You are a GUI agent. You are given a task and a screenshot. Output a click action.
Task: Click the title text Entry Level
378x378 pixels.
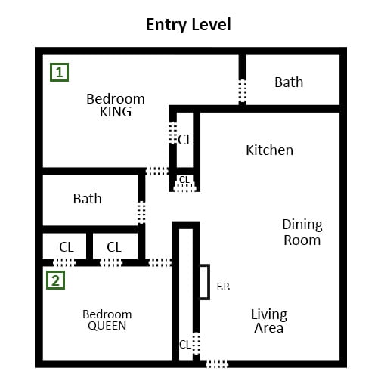(x=188, y=24)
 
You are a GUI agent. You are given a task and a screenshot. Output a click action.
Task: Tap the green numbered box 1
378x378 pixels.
(x=59, y=72)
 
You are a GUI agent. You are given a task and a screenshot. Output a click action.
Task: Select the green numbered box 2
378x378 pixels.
(x=56, y=280)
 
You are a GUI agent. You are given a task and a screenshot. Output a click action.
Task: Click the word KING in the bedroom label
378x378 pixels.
(x=116, y=112)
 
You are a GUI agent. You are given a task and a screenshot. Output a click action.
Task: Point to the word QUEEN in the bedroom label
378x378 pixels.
(x=107, y=326)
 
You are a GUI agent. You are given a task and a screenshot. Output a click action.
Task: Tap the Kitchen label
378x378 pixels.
(x=269, y=150)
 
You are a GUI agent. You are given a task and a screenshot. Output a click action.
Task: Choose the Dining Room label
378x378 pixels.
(x=302, y=232)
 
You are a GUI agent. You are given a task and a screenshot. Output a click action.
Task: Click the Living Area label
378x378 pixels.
(x=269, y=321)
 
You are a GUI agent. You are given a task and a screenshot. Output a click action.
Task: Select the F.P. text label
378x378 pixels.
(x=223, y=287)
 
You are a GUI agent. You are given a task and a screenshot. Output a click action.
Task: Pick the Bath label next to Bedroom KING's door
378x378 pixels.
(x=289, y=82)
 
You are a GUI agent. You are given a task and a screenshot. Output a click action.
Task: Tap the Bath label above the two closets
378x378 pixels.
(x=88, y=199)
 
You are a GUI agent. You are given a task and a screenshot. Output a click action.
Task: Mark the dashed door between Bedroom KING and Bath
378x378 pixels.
(x=243, y=91)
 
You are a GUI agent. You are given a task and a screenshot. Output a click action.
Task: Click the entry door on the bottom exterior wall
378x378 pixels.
(x=217, y=364)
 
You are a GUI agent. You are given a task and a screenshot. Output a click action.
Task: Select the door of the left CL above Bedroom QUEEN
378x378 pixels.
(x=64, y=262)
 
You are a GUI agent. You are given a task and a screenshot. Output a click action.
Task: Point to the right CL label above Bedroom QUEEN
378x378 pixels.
(x=114, y=247)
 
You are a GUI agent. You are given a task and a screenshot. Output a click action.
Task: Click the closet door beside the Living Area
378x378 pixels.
(x=197, y=343)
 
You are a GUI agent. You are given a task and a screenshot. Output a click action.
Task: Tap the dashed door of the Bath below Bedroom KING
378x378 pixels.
(x=141, y=212)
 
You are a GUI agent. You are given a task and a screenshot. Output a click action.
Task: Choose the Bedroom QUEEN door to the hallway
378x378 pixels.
(x=160, y=262)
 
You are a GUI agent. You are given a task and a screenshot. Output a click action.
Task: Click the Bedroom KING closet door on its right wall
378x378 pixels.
(x=172, y=133)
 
